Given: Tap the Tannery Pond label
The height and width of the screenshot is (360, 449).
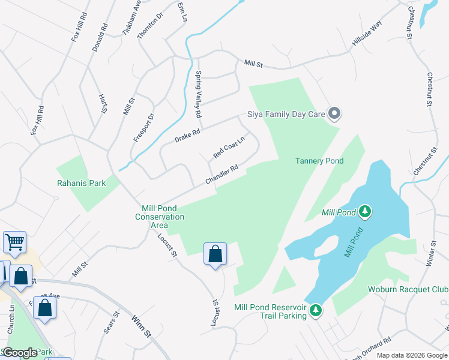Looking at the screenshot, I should tap(319, 161).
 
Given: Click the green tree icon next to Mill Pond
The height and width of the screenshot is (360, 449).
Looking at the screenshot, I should tap(364, 212).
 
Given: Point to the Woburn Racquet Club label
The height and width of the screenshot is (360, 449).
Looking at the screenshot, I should tap(408, 290).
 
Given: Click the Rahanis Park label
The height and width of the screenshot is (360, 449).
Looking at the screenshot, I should tap(81, 183).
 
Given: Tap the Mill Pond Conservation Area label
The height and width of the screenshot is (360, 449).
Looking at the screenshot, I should tap(160, 216).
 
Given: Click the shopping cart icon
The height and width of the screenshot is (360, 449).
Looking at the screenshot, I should tap(14, 242).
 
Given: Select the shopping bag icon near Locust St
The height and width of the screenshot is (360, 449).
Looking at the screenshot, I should tap(215, 254).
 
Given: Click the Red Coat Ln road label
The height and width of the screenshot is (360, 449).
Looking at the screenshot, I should tap(229, 148).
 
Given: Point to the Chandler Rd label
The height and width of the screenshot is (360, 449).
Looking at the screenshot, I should tap(222, 175).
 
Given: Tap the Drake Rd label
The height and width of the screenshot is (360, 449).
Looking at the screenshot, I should tap(187, 135).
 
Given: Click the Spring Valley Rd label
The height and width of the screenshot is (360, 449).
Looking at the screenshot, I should tap(198, 94).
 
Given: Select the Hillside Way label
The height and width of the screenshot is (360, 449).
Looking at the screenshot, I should tap(367, 32).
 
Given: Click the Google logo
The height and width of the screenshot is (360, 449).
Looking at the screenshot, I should tap(20, 353).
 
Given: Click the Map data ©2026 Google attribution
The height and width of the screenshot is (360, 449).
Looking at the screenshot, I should tap(412, 355).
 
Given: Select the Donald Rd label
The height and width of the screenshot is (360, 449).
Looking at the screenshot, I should tap(99, 37).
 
